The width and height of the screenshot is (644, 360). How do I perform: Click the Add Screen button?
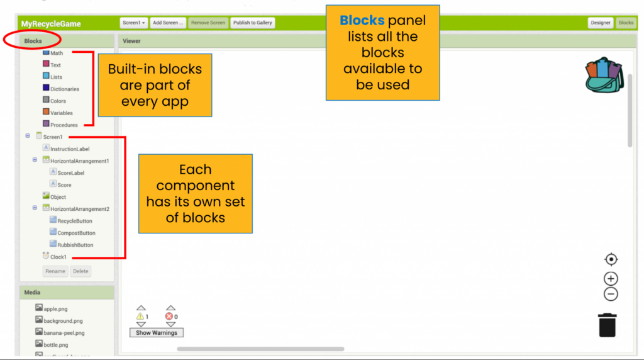[x=169, y=23]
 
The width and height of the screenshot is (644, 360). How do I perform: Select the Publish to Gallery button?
[x=252, y=23]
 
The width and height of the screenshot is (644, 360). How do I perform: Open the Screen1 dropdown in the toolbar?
[x=134, y=23]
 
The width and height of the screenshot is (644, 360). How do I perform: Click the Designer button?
[x=600, y=23]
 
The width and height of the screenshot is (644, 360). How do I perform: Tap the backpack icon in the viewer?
[x=604, y=75]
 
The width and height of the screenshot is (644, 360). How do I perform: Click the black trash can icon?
[x=608, y=325]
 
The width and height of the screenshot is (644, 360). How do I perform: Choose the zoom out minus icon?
[x=611, y=294]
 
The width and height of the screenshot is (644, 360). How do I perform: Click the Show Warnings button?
[x=157, y=332]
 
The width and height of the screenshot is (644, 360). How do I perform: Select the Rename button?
[x=55, y=271]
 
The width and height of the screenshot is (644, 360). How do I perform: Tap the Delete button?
[x=80, y=271]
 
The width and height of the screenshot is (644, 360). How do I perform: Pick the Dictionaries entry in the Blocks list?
[x=64, y=89]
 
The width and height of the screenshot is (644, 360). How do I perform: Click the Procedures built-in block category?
[x=64, y=125]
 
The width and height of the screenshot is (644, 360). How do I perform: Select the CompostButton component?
[x=76, y=233]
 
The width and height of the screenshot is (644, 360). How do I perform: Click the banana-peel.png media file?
[x=64, y=332]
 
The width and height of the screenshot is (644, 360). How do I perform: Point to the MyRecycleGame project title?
[x=51, y=24]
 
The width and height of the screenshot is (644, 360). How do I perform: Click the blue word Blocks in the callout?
[x=362, y=21]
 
